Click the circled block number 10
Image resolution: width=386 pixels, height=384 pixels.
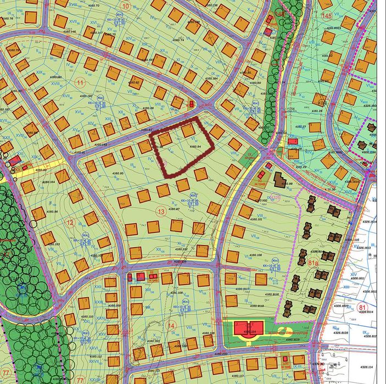(127, 6)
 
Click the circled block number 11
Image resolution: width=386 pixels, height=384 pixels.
(81, 83)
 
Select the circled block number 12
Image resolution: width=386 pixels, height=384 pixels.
(70, 222)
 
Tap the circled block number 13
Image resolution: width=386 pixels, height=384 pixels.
(161, 212)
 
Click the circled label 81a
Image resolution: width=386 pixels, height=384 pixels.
(313, 264)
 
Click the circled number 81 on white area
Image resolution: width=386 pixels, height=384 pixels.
(361, 307)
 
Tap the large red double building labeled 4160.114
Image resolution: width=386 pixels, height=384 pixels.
(250, 329)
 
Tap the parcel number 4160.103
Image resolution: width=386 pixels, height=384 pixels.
(51, 243)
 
